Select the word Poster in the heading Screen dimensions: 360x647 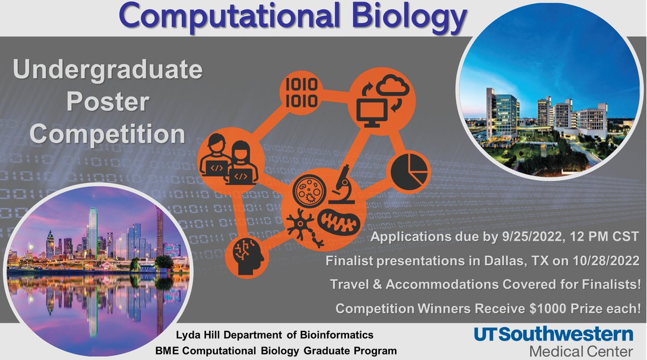(108, 103)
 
